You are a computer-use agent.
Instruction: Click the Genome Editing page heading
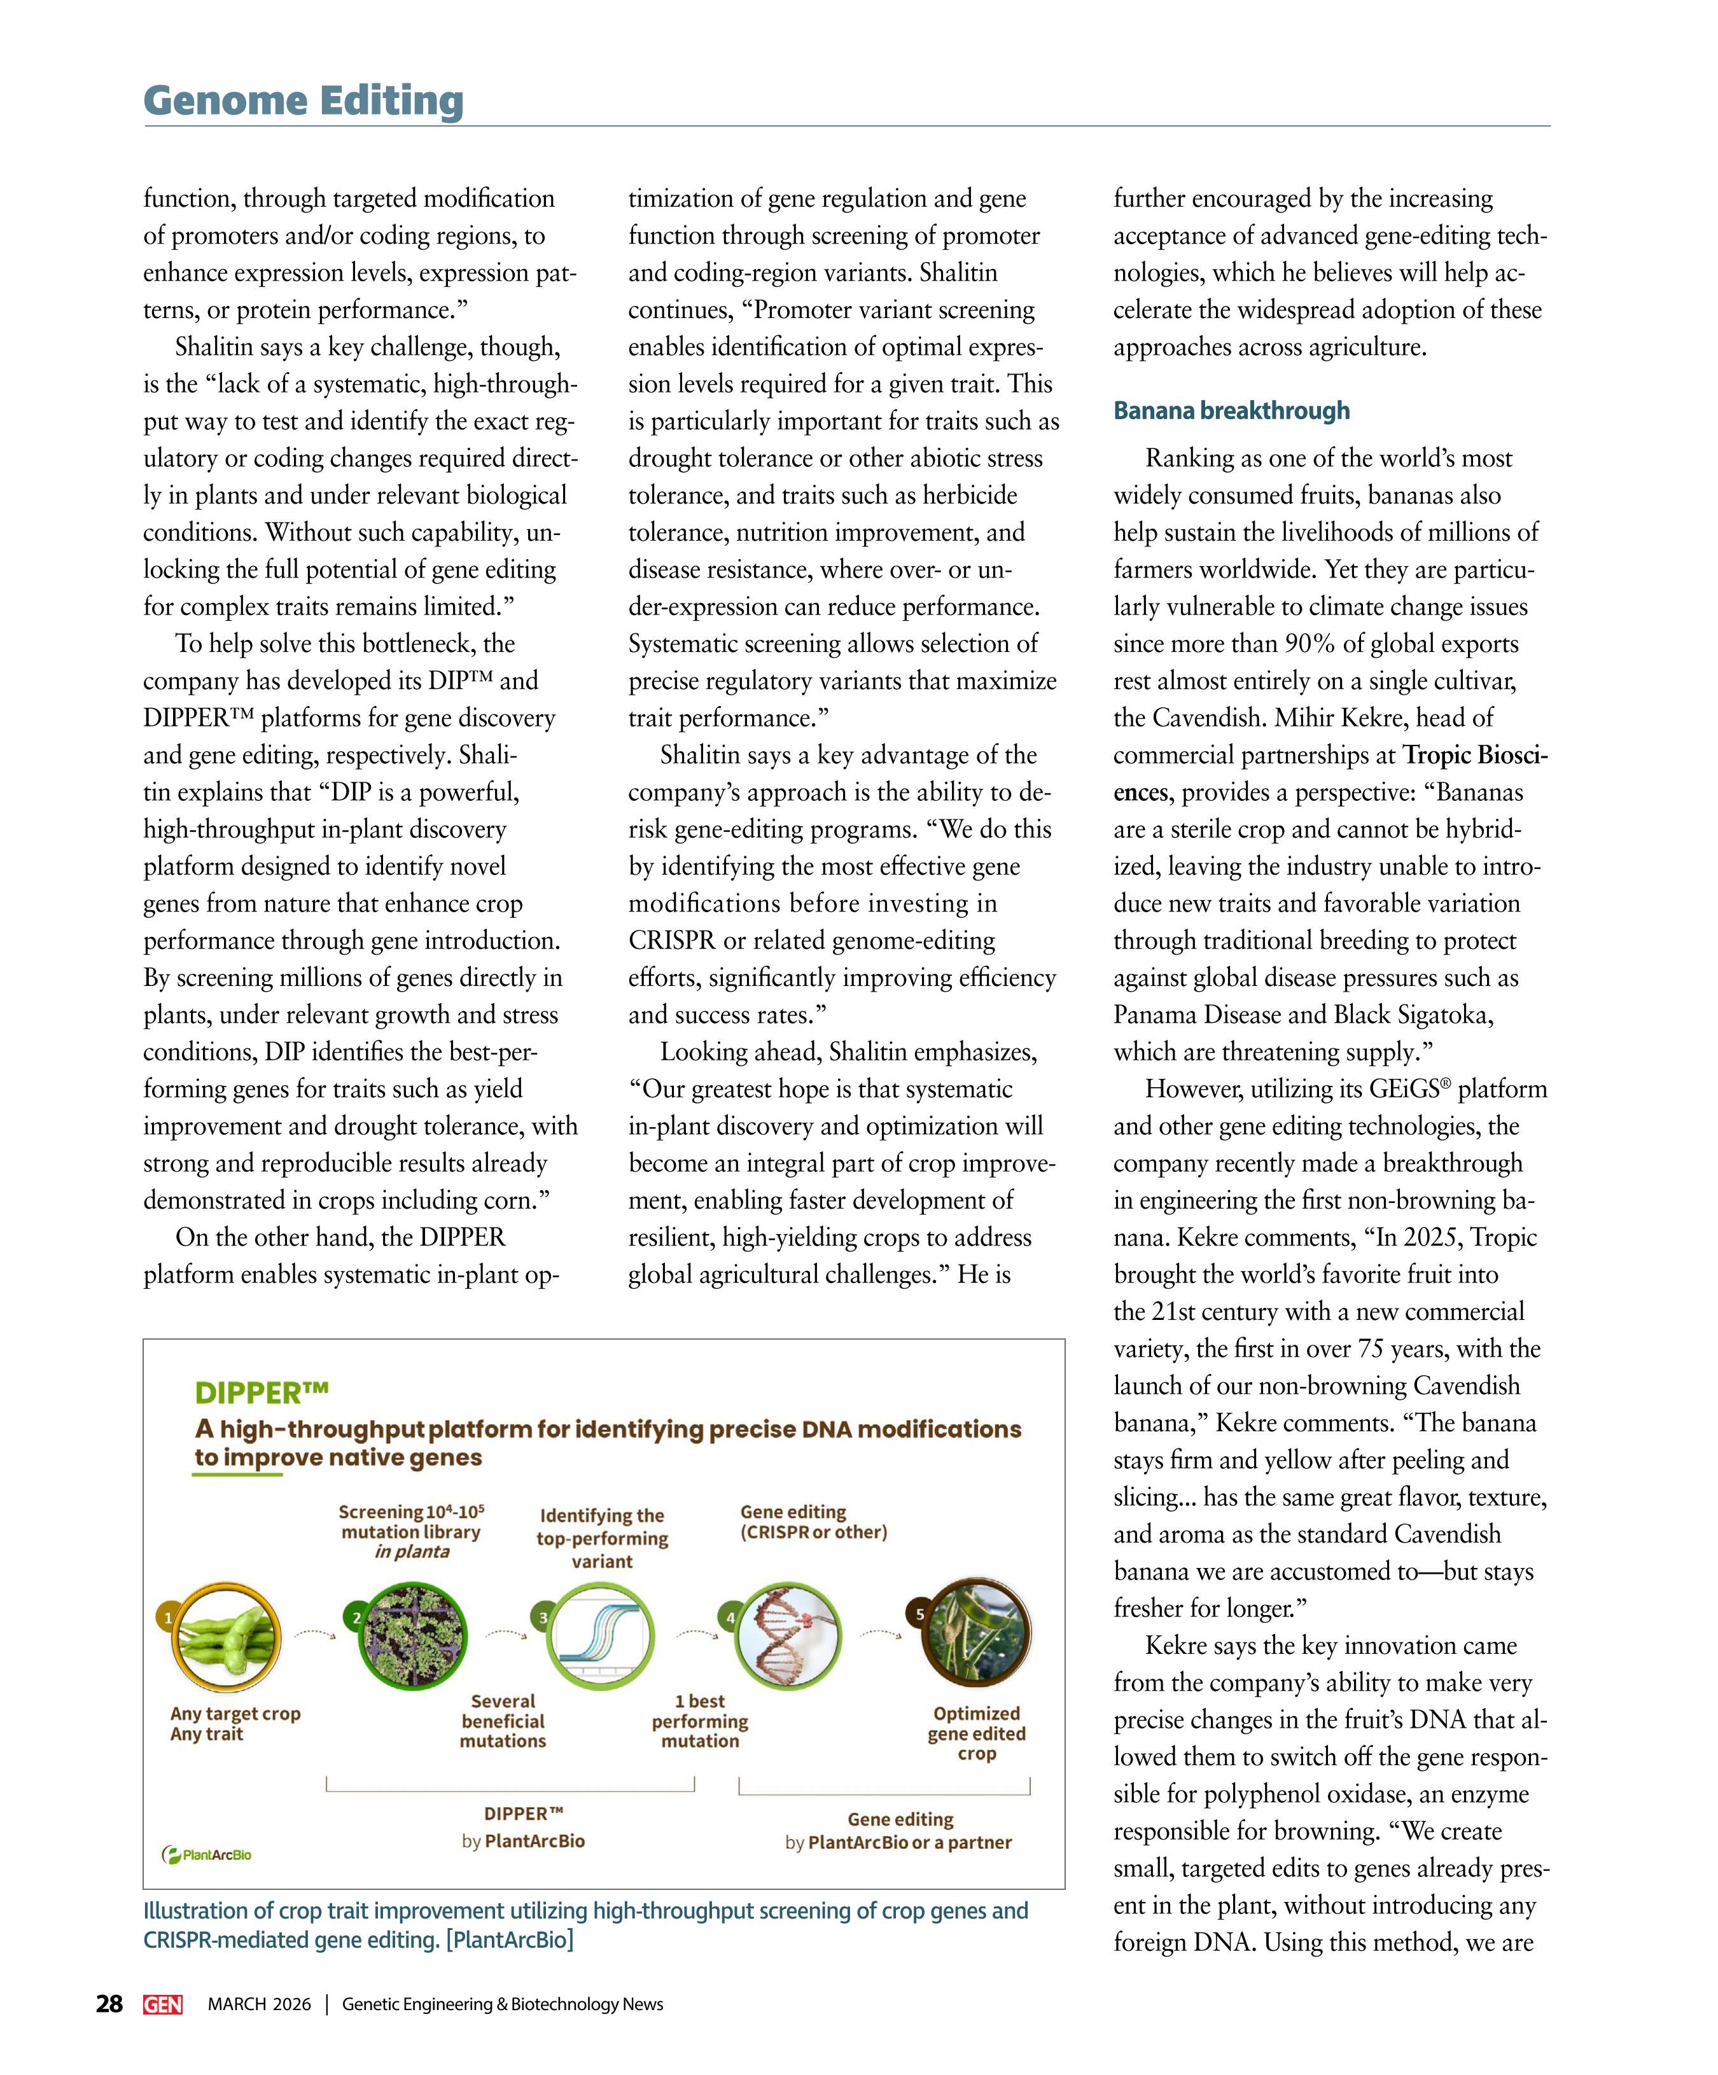click(304, 101)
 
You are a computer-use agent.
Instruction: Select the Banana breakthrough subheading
click(1231, 410)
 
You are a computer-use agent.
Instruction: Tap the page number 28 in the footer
click(109, 2004)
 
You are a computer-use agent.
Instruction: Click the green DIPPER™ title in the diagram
click(261, 1392)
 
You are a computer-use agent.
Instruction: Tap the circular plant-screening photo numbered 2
click(410, 1636)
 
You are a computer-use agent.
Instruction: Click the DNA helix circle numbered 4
click(788, 1636)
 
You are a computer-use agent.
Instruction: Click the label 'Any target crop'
click(235, 1713)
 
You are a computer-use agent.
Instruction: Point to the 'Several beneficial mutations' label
click(503, 1720)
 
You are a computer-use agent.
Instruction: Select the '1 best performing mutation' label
click(700, 1720)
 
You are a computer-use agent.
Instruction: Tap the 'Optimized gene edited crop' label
click(977, 1733)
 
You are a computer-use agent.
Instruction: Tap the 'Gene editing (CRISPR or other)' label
click(813, 1522)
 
